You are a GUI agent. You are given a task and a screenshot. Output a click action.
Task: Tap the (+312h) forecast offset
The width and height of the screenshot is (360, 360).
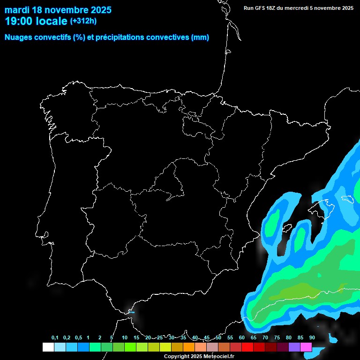(x=83, y=21)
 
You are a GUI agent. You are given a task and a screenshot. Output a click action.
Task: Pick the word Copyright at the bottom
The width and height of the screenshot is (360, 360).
(x=177, y=357)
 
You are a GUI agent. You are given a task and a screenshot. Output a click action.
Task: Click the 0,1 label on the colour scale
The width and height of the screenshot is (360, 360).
(x=55, y=338)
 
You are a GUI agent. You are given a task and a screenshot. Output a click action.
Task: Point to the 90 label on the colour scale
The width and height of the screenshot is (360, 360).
(x=312, y=338)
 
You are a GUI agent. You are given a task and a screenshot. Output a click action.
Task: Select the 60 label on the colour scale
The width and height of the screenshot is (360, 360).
(x=242, y=338)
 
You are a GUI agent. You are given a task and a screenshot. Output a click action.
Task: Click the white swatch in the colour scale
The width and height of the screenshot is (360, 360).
(x=48, y=347)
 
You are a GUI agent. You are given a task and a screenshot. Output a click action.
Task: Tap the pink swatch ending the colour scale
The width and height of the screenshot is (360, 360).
(x=306, y=347)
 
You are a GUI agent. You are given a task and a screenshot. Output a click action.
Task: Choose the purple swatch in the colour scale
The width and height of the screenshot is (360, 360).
(x=294, y=347)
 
